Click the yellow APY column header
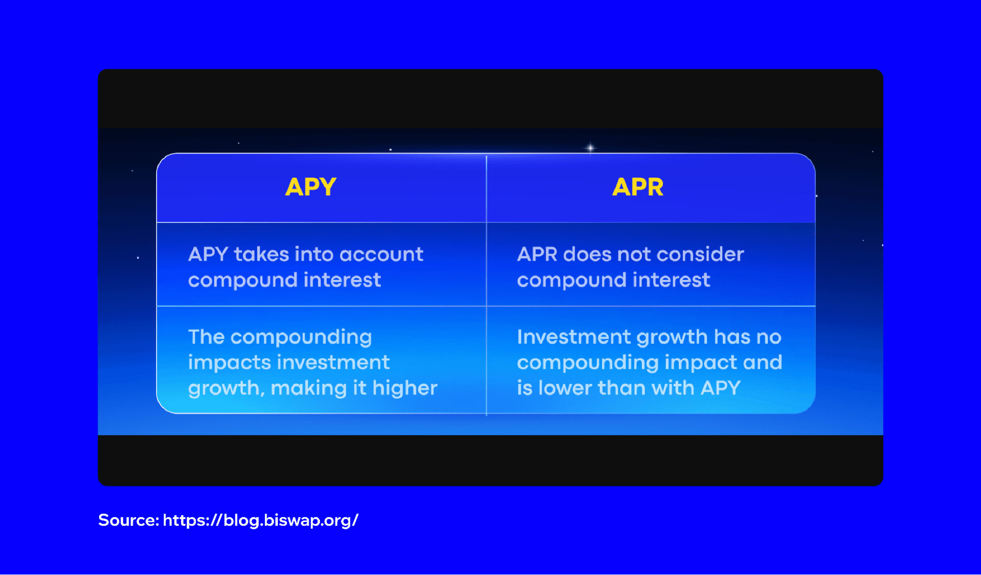tap(311, 187)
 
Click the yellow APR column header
tap(637, 187)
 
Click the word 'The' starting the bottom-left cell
tap(206, 337)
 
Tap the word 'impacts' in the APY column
tap(222, 362)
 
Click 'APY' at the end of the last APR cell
tap(720, 388)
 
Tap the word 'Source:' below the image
tap(129, 520)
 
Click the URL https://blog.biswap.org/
tap(261, 520)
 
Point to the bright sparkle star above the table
tap(590, 147)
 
